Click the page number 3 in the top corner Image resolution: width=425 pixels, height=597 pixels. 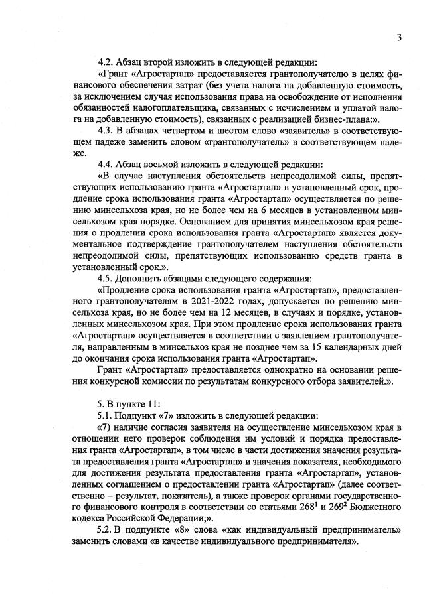pyautogui.click(x=399, y=38)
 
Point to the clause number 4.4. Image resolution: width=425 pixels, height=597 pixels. pyautogui.click(x=106, y=163)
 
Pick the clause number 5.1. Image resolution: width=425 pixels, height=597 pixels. pyautogui.click(x=106, y=414)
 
